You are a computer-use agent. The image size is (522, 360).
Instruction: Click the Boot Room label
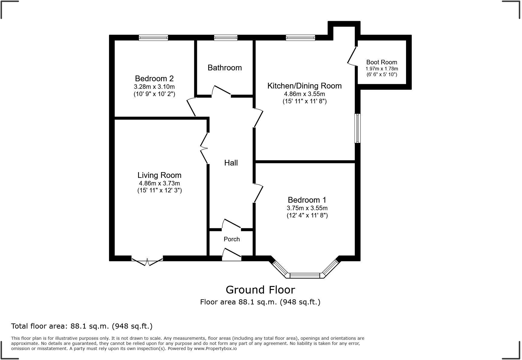tap(382, 62)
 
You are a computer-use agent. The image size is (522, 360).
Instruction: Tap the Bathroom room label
tap(225, 68)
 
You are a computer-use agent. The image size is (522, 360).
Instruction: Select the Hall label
tap(231, 163)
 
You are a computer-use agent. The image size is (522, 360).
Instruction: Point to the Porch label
tap(232, 239)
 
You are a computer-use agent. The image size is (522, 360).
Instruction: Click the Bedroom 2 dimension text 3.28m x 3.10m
tap(154, 87)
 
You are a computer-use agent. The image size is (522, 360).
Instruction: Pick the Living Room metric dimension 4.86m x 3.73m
tap(159, 183)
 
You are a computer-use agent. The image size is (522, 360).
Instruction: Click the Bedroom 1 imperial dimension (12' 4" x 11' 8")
tap(307, 215)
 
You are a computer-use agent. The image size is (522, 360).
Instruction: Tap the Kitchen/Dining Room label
tap(304, 86)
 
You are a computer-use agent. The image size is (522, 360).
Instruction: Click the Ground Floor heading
tap(260, 290)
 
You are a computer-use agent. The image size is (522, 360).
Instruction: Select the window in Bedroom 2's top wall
tap(153, 38)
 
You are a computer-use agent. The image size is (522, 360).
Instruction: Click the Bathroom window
tap(226, 38)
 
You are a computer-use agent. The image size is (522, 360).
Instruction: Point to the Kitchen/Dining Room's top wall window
tap(301, 38)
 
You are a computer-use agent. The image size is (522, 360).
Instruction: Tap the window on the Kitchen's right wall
tap(358, 128)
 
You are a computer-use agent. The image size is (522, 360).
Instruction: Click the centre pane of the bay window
tap(305, 275)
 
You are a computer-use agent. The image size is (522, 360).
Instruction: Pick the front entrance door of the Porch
tap(232, 254)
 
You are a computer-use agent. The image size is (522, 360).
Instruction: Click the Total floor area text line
tap(82, 326)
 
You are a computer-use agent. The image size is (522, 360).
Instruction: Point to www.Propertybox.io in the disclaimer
tap(215, 349)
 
